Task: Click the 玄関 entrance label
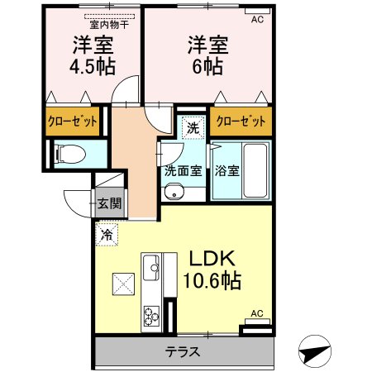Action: (108, 203)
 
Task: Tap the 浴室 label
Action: (227, 172)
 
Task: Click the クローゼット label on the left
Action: (72, 122)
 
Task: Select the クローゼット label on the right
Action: (241, 122)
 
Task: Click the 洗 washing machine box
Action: (192, 128)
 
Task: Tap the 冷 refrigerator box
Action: (106, 235)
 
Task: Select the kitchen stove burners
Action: (152, 314)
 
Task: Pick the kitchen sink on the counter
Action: (152, 268)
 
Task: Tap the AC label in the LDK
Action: (256, 313)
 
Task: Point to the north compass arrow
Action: (314, 351)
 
